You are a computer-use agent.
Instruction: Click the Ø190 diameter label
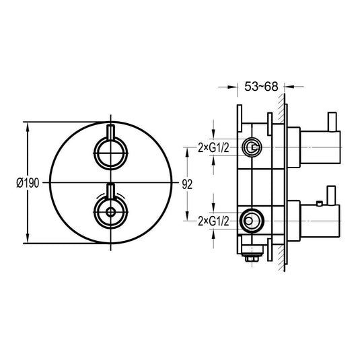(x=28, y=183)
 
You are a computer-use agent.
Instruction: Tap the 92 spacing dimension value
(x=187, y=184)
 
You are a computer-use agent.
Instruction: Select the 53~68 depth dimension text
(x=261, y=87)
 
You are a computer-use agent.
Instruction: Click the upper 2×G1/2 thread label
(x=213, y=147)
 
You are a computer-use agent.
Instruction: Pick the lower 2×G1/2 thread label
(x=213, y=221)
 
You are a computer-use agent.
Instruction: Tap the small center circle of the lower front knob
(x=110, y=212)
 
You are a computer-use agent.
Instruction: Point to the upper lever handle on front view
(x=111, y=133)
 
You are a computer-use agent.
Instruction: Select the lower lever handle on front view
(x=111, y=191)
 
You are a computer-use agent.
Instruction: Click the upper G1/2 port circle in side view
(x=252, y=147)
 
